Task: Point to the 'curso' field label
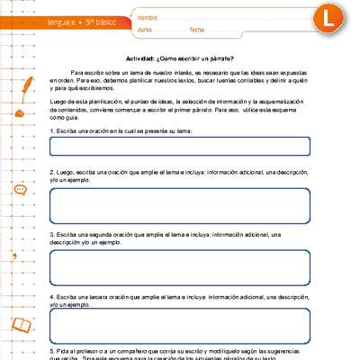click(145, 30)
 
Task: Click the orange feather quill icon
click(30, 85)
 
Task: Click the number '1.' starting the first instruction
click(52, 131)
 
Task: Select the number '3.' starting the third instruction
click(52, 232)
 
